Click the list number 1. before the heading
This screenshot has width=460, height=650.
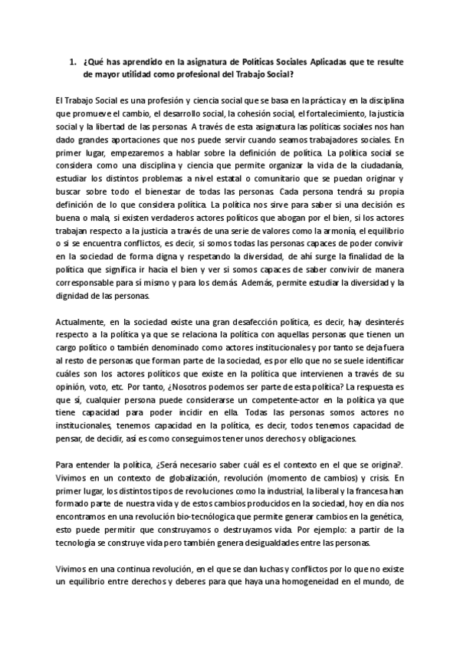point(73,61)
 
